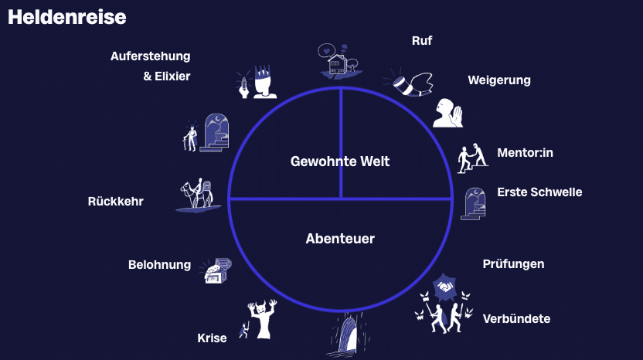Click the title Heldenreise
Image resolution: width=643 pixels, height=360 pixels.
(x=66, y=17)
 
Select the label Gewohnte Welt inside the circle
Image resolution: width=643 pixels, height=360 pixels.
(x=340, y=161)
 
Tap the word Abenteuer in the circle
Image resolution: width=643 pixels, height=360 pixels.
(x=340, y=239)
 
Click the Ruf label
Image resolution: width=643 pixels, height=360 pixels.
(x=422, y=41)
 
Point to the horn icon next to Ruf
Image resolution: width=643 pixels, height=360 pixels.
(x=409, y=81)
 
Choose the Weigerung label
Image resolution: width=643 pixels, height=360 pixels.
(x=499, y=80)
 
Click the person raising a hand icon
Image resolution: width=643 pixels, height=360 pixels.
(x=447, y=113)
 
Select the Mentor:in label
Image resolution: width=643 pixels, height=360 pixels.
(x=525, y=152)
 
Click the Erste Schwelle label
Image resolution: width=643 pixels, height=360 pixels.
(x=539, y=192)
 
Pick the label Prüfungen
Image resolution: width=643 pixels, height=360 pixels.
(x=513, y=264)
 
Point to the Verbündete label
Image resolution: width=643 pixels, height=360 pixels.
(x=516, y=318)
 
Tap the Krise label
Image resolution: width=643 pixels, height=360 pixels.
(x=212, y=338)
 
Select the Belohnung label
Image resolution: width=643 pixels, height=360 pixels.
(x=159, y=265)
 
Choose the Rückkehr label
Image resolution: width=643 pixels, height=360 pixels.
(x=116, y=202)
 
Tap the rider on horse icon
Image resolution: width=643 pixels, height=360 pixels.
(x=198, y=194)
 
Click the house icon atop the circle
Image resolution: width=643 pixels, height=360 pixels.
(x=339, y=62)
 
